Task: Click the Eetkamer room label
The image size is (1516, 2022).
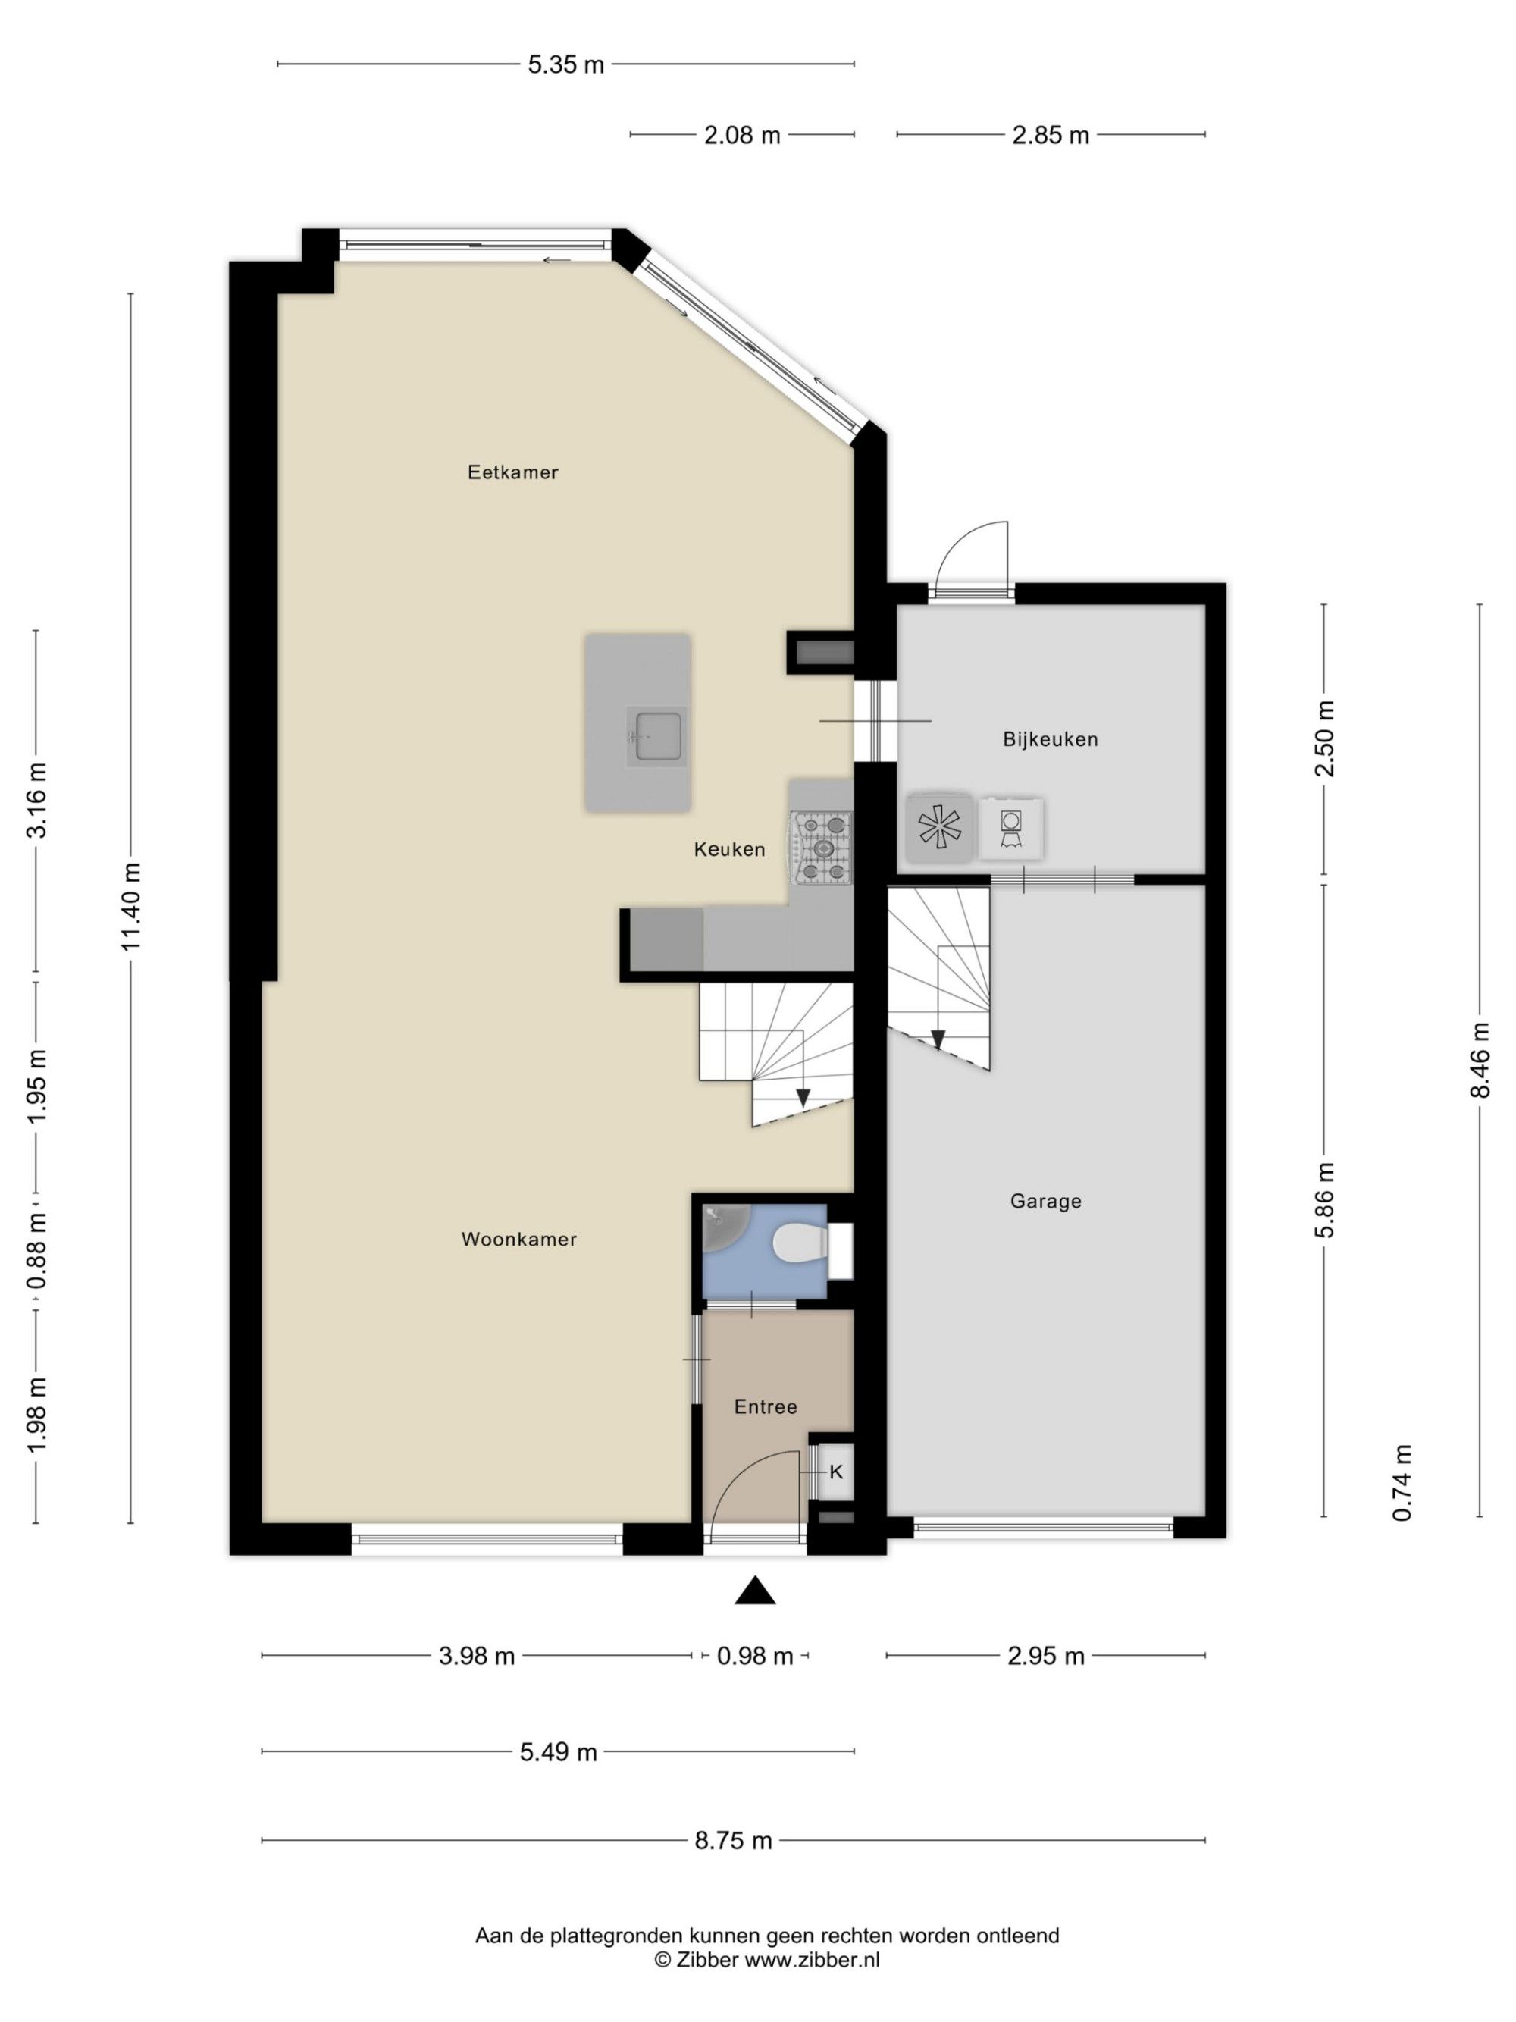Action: click(x=512, y=472)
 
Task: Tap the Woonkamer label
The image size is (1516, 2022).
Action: click(x=519, y=1240)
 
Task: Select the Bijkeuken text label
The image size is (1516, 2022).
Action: click(x=1050, y=739)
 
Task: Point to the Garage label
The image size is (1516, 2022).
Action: click(x=1045, y=1201)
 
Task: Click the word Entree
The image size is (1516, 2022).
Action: click(x=766, y=1407)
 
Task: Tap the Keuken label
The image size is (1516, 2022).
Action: click(x=729, y=849)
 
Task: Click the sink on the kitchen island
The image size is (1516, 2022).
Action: click(x=656, y=735)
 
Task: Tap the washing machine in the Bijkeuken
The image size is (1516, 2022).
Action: click(x=1010, y=828)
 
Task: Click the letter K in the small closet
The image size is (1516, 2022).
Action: click(x=835, y=1472)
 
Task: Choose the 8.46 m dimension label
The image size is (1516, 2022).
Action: click(x=1480, y=1059)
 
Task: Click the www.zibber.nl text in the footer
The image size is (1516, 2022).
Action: click(x=813, y=1959)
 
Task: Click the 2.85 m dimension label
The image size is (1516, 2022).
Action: click(x=1051, y=135)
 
